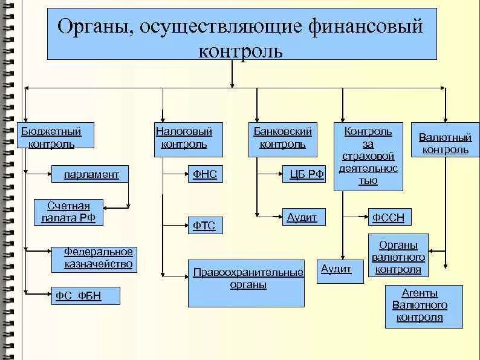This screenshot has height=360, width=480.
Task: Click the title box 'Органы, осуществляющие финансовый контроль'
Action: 242,34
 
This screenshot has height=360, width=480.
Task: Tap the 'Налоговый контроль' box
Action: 184,139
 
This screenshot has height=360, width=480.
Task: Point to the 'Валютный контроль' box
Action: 445,143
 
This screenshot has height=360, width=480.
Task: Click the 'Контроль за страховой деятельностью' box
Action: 368,156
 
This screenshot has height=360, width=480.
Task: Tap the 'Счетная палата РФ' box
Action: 68,212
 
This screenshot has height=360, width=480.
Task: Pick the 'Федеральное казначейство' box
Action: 99,258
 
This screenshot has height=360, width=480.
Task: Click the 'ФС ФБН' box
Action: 84,296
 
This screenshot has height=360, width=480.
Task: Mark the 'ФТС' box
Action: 204,226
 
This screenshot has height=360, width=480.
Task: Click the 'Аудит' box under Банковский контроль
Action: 303,218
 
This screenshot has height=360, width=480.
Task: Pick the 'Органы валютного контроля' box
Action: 398,257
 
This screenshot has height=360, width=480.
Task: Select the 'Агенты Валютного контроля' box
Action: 424,307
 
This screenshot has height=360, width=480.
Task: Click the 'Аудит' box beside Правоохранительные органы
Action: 340,270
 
